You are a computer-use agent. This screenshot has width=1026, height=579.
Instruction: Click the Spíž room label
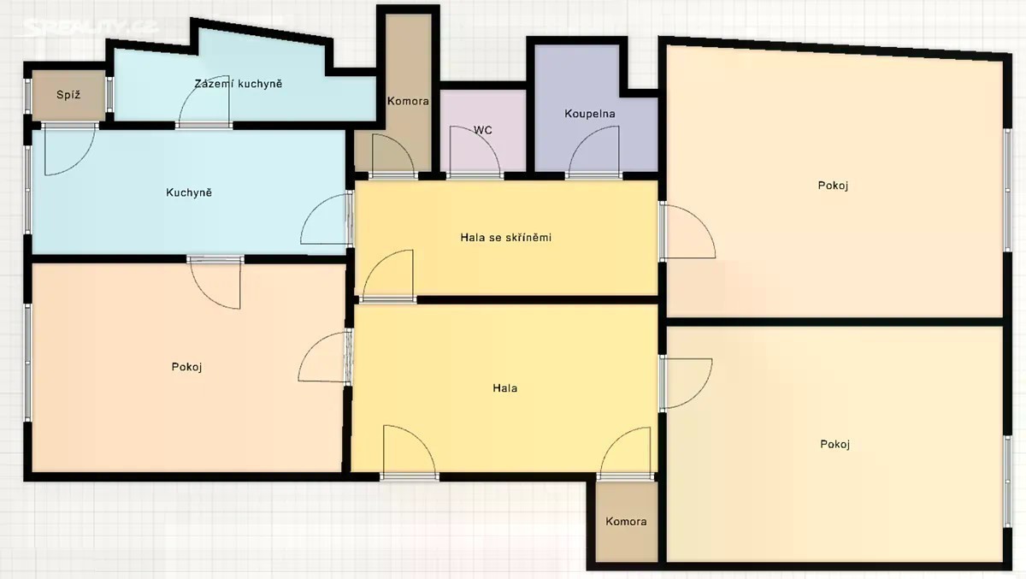click(x=68, y=95)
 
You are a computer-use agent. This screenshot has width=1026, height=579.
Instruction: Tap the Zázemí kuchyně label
click(x=239, y=84)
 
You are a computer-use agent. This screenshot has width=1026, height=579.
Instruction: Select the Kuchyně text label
click(x=189, y=192)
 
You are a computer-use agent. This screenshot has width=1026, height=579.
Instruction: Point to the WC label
click(x=483, y=130)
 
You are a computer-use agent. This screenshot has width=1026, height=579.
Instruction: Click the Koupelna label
click(x=589, y=114)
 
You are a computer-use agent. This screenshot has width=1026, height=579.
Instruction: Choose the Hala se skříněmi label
click(x=505, y=237)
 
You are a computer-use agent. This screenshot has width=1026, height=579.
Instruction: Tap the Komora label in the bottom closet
click(x=626, y=522)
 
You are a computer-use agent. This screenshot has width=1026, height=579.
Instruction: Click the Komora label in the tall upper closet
click(x=408, y=101)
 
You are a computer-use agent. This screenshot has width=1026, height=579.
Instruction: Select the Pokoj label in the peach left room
click(x=187, y=367)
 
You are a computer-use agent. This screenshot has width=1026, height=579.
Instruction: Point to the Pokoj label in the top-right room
click(x=833, y=186)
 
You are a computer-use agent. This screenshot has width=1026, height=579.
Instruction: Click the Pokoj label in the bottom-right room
click(x=835, y=445)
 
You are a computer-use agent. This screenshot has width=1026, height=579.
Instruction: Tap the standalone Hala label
click(x=505, y=388)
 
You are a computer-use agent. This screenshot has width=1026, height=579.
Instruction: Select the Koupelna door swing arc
click(x=587, y=141)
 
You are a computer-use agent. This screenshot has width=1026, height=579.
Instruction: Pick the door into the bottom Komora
click(x=625, y=452)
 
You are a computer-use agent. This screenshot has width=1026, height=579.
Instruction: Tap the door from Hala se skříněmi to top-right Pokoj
click(x=687, y=231)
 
